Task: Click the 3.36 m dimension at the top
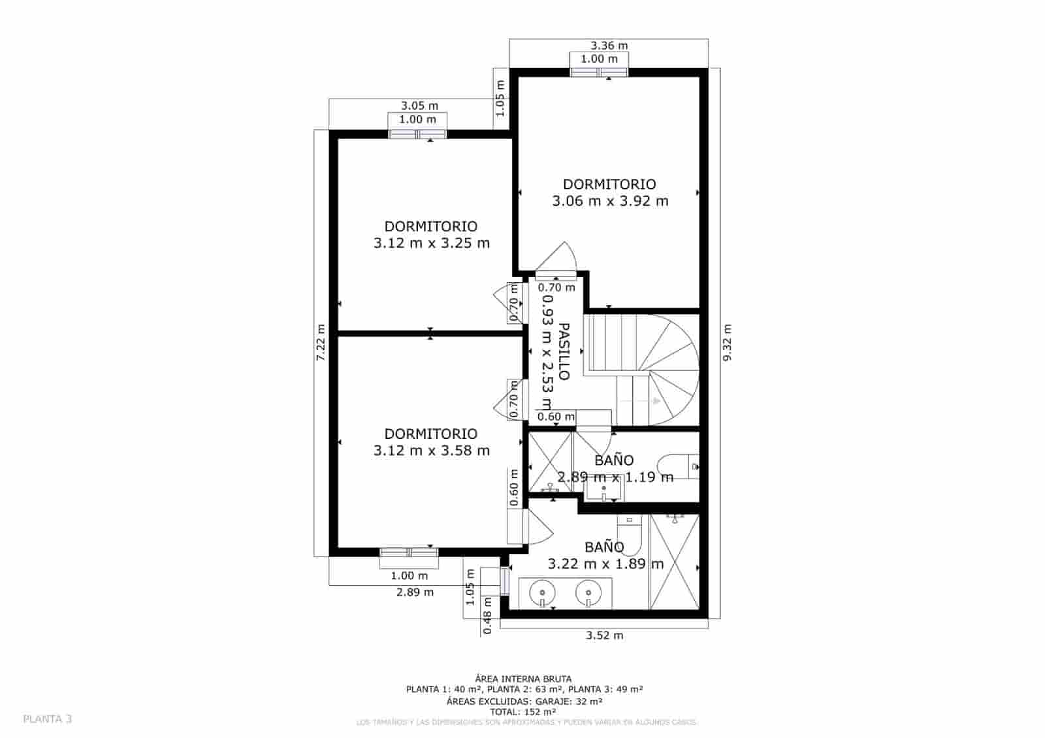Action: pyautogui.click(x=609, y=46)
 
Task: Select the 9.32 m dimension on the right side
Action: pyautogui.click(x=728, y=342)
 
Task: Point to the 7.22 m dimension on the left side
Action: pyautogui.click(x=321, y=342)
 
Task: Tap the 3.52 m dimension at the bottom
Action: pyautogui.click(x=604, y=635)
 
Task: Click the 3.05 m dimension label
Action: pyautogui.click(x=419, y=105)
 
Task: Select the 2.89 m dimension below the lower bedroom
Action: pyautogui.click(x=415, y=592)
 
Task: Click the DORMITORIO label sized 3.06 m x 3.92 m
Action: pyautogui.click(x=609, y=184)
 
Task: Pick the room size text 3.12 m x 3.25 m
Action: pyautogui.click(x=431, y=244)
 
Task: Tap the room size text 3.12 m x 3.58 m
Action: pyautogui.click(x=431, y=451)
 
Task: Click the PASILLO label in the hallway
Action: pyautogui.click(x=564, y=351)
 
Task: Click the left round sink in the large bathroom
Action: pyautogui.click(x=543, y=593)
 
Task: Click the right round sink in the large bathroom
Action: pyautogui.click(x=588, y=593)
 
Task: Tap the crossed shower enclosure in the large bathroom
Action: pyautogui.click(x=675, y=562)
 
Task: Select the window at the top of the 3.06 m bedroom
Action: pyautogui.click(x=599, y=72)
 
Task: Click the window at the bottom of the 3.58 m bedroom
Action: pyautogui.click(x=410, y=553)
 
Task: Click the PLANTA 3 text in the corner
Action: pyautogui.click(x=48, y=719)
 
